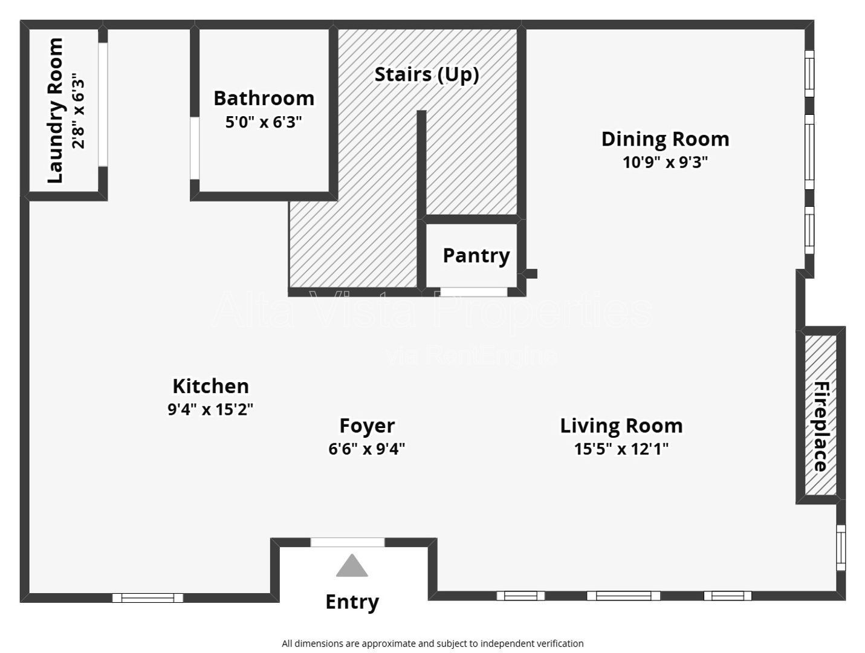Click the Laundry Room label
click(55, 110)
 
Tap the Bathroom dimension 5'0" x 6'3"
click(264, 122)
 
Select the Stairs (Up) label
click(427, 75)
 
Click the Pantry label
click(476, 256)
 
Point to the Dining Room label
click(665, 139)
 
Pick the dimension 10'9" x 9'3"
click(665, 162)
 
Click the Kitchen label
click(211, 386)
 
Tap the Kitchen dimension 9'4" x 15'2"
click(210, 409)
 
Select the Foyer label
click(367, 426)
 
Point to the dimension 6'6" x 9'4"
click(367, 449)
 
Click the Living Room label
click(621, 426)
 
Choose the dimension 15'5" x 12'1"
click(621, 449)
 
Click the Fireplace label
click(822, 426)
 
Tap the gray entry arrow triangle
click(352, 565)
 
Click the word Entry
click(352, 602)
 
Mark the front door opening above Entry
click(348, 542)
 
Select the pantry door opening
click(474, 292)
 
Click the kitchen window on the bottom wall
click(147, 598)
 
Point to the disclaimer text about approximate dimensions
click(433, 643)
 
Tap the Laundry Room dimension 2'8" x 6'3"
click(79, 110)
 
